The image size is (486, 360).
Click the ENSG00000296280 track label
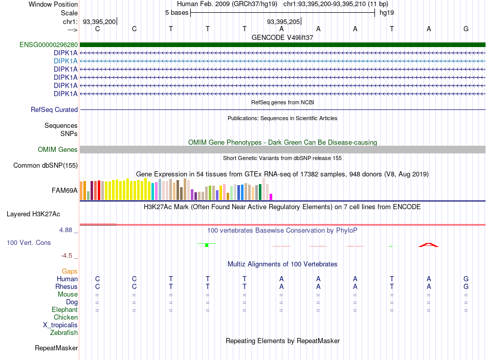click(x=49, y=45)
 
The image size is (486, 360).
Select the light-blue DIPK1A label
click(x=65, y=61)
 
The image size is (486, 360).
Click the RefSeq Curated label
click(x=54, y=109)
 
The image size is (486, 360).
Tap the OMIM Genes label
click(x=58, y=150)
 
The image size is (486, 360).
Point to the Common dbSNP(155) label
click(x=46, y=166)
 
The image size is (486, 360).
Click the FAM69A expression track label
click(x=64, y=191)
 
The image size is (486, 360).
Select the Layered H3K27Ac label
click(x=33, y=214)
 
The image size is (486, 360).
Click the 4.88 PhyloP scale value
click(x=65, y=230)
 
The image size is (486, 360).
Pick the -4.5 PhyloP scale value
click(x=67, y=256)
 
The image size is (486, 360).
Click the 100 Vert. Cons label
click(x=29, y=242)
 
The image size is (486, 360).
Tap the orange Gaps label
click(x=70, y=272)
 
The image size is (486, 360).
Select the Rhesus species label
click(x=67, y=286)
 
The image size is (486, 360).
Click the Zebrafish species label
click(x=64, y=333)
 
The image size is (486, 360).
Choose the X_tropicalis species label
click(x=60, y=325)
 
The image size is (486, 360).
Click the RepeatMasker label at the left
click(x=56, y=348)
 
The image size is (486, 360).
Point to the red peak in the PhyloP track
click(x=429, y=245)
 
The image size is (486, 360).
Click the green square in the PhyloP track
click(x=207, y=245)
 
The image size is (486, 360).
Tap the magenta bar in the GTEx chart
click(x=271, y=197)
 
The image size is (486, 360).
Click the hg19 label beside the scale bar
click(x=387, y=13)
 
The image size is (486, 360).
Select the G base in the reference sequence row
click(x=466, y=29)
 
